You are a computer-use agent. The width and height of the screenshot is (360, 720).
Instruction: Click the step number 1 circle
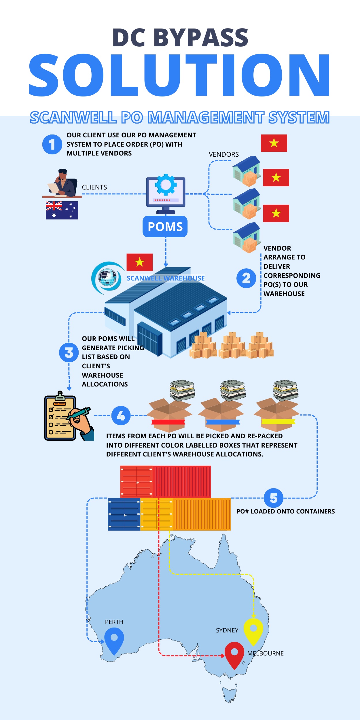(52, 144)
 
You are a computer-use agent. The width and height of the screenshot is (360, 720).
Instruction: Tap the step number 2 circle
(246, 278)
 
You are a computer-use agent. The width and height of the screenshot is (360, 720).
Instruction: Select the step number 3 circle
(69, 353)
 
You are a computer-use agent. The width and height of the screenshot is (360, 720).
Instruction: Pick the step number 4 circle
(121, 416)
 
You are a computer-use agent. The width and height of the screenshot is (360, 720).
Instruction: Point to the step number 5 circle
(274, 498)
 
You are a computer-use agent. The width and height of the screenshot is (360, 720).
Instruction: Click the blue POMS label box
(165, 227)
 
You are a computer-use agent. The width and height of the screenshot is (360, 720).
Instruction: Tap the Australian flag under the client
(62, 210)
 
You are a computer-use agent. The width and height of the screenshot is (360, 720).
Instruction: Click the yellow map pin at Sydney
(253, 631)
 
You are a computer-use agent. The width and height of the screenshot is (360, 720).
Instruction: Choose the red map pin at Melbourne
(234, 655)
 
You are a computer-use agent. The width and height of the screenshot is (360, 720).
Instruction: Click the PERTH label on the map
(114, 622)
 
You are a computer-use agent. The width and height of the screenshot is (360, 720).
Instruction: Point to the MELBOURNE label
(266, 653)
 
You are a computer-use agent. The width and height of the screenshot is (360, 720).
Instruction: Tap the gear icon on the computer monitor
(166, 185)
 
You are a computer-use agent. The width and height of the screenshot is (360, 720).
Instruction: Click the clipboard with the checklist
(60, 418)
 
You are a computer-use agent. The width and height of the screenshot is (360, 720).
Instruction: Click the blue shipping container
(124, 514)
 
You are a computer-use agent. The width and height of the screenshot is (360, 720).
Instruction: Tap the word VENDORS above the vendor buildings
(224, 154)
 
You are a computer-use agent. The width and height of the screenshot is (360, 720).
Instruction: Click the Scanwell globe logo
(107, 278)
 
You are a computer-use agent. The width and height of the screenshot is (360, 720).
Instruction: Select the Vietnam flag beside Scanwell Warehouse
(140, 262)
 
